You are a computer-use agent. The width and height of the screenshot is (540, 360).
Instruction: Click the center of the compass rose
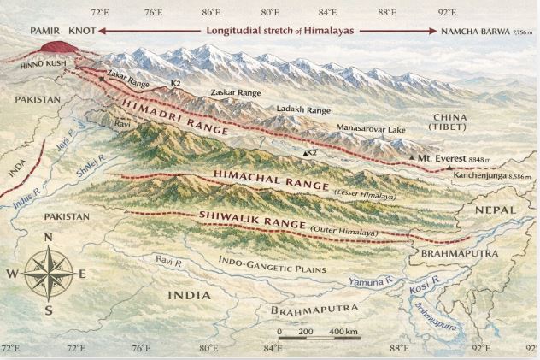(49, 273)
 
